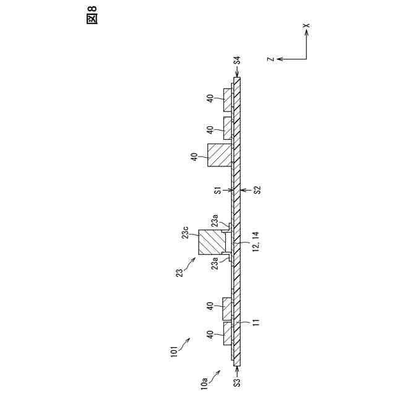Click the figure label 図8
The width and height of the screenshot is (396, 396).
pyautogui.click(x=92, y=17)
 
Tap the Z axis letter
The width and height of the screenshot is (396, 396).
pyautogui.click(x=270, y=59)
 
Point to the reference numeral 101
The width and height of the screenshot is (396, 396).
pyautogui.click(x=175, y=351)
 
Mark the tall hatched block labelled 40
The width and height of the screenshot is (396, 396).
pyautogui.click(x=218, y=155)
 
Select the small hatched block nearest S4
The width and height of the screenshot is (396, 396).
pyautogui.click(x=227, y=100)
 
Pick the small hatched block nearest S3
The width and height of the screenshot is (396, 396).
pyautogui.click(x=227, y=332)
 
